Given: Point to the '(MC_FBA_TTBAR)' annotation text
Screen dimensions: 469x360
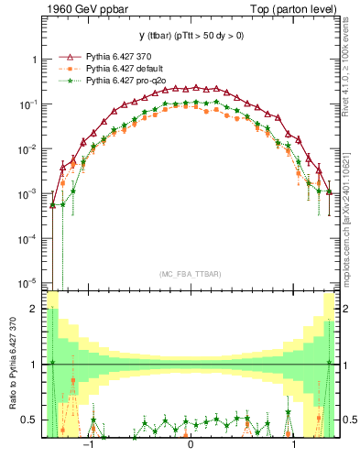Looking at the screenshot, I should click(x=190, y=275).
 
